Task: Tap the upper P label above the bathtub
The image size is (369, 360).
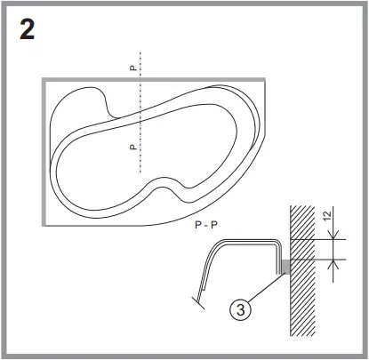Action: [x=132, y=67]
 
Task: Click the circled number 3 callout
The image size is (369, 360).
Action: [x=238, y=309]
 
